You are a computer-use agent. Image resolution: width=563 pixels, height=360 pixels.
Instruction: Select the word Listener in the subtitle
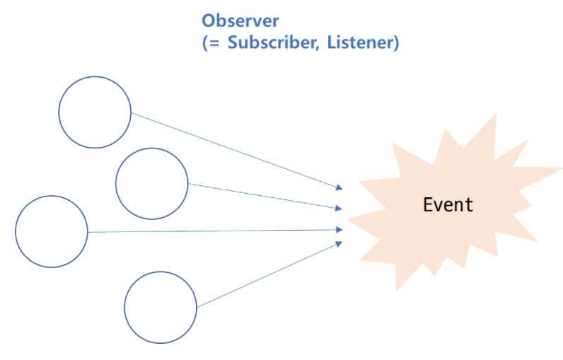coord(362,42)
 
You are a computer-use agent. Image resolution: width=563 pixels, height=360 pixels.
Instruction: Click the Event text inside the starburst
coord(448,205)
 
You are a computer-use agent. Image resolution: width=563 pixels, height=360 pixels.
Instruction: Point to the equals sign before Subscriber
coord(216,43)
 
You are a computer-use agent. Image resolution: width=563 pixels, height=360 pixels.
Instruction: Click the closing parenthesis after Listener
coord(397,42)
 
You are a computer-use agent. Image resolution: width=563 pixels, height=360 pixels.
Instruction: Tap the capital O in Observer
coord(209,20)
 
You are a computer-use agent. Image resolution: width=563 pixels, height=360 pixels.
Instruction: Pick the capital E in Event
coord(428,205)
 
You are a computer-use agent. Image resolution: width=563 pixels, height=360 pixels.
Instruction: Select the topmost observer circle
coord(95,112)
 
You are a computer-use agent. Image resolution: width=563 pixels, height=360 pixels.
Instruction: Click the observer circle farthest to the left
coord(51,231)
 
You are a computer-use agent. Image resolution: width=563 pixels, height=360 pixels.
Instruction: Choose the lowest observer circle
coord(161,308)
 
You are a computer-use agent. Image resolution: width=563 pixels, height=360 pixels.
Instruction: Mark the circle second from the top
coord(152,183)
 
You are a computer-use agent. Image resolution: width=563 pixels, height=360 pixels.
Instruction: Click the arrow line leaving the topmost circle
coord(233,150)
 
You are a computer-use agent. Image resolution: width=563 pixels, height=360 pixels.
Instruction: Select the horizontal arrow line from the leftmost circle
coord(212,231)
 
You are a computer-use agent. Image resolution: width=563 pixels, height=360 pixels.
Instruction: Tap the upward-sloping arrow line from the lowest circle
coord(269,275)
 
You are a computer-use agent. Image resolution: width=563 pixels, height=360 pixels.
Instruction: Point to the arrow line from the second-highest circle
coord(265,196)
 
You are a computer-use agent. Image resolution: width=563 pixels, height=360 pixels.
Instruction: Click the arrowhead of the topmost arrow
coord(339,187)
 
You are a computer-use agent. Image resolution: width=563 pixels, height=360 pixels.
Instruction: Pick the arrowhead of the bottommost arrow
coord(339,243)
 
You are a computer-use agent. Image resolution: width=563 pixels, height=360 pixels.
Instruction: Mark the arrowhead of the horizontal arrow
coord(339,229)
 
